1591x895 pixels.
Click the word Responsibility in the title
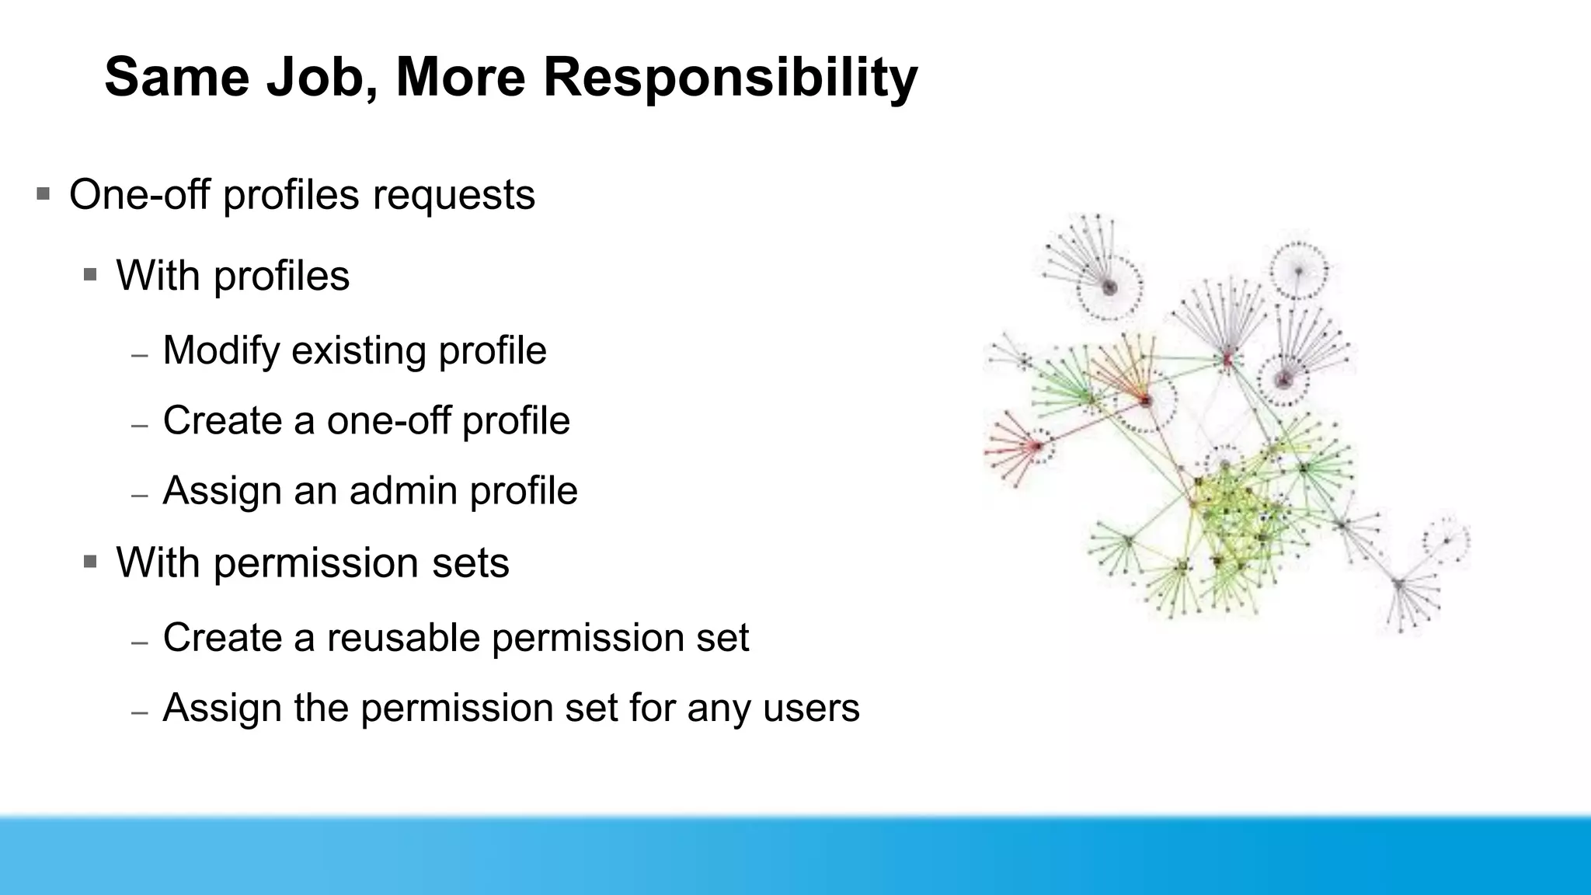coord(730,78)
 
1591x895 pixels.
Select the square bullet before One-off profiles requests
coord(44,193)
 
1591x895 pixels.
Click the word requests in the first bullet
coord(454,196)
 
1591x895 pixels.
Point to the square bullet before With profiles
coord(90,274)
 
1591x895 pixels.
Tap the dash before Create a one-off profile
coord(140,426)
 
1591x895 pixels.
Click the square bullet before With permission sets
coord(90,561)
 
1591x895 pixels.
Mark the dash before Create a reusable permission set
coord(140,643)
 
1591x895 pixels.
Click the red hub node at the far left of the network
coord(1036,446)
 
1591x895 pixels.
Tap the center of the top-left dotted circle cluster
coord(1110,287)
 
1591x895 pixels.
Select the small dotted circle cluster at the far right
coord(1447,540)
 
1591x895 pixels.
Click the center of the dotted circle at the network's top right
coord(1298,270)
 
